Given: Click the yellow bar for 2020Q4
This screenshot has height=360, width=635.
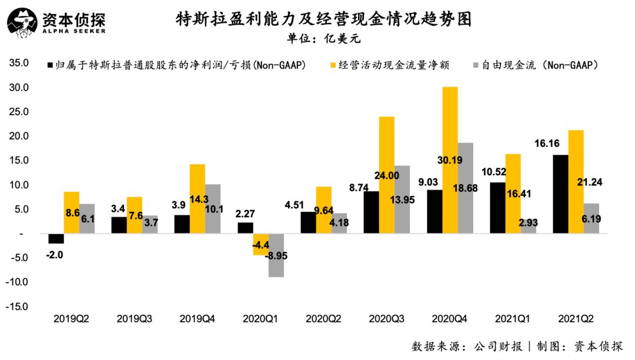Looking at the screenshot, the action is pos(450,160).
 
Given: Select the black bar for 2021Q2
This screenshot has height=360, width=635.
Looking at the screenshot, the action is pos(560,194).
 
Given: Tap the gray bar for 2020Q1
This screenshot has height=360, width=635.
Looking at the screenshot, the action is pos(276,255).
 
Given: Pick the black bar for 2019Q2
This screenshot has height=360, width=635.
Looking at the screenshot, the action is pos(56,238).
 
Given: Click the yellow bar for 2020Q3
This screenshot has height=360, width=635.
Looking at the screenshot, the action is pos(387,175).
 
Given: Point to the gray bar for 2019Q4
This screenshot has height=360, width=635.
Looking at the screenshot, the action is pos(213,209).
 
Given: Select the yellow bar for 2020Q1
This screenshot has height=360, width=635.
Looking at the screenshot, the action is pos(261,244).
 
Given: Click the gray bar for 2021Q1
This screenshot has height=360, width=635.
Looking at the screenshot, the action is pos(529,226).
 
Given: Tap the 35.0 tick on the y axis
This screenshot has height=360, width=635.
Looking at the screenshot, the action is pos(19,63).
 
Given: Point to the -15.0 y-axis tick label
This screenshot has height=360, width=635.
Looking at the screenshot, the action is pos(17,306).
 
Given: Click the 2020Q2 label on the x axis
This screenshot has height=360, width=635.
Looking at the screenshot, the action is pos(323,319).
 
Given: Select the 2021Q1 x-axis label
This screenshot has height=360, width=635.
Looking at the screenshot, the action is pos(512,319).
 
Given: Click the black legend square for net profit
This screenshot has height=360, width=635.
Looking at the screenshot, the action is pos(50,65).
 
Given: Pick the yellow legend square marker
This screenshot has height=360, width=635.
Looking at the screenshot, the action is pos(333,65).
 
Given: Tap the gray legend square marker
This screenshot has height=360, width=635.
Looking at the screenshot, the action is pos(476,65).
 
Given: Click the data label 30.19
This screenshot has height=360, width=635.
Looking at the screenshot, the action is pos(450,161).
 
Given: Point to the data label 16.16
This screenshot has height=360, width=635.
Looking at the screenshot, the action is pos(547,144).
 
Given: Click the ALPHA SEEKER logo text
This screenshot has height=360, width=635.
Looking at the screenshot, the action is pos(73,31).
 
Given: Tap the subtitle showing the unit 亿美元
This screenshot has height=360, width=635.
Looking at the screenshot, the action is pos(323,39).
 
